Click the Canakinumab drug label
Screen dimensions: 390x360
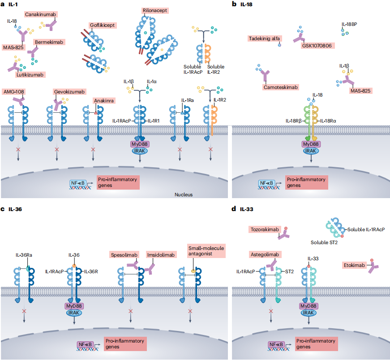tap(41, 14)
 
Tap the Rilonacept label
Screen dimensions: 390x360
tap(155, 10)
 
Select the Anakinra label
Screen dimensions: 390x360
tap(104, 101)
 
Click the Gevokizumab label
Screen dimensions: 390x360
tap(69, 92)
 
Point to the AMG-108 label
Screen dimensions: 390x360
tap(14, 92)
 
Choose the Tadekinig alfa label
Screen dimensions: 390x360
tap(264, 38)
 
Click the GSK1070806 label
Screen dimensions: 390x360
tap(317, 46)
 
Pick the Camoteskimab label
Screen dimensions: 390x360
tap(281, 87)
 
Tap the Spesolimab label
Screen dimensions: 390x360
tap(124, 255)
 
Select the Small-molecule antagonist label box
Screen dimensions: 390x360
tap(206, 251)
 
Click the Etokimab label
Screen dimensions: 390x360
tap(354, 265)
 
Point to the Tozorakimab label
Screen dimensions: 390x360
tap(265, 229)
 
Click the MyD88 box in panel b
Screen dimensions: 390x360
tap(311, 144)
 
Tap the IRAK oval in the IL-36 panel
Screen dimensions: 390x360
tap(74, 313)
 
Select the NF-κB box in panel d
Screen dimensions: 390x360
tap(276, 345)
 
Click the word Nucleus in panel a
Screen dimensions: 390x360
tap(184, 195)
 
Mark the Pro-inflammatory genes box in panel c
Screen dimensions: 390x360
tap(125, 344)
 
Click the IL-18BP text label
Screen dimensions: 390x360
tap(349, 24)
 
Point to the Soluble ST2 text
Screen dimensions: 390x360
tap(324, 242)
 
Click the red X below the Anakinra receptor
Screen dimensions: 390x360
tap(93, 149)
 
